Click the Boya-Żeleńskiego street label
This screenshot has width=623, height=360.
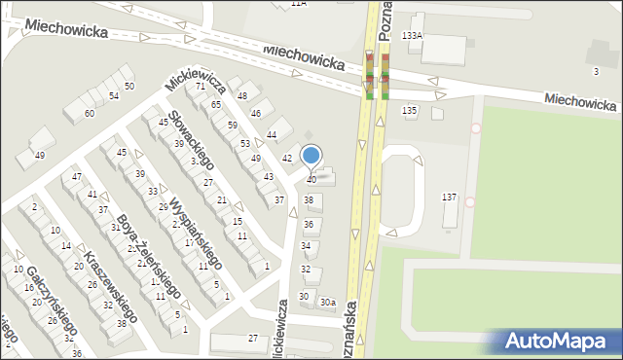click(147, 254)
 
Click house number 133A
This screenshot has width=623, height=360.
click(413, 35)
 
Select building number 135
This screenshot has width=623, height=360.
click(410, 111)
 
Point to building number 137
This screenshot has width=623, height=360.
click(449, 197)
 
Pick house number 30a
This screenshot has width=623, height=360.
click(329, 302)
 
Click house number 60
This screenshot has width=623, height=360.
click(89, 114)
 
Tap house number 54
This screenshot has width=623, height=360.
click(114, 95)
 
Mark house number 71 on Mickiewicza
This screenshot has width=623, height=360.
click(200, 87)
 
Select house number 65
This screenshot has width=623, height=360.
click(216, 104)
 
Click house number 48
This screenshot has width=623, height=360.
click(242, 95)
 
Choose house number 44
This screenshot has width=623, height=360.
click(272, 134)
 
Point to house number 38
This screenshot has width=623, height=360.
click(309, 199)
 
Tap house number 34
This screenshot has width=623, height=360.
click(305, 245)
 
